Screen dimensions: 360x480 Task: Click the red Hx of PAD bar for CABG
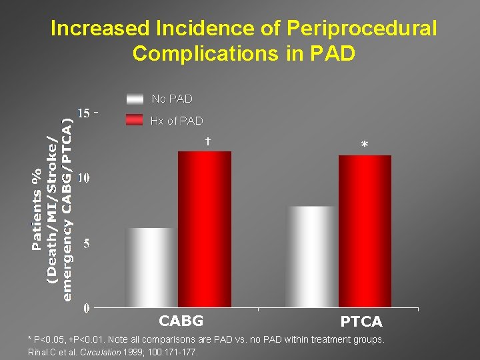pos(205,229)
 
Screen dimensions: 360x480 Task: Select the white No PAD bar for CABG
pos(151,267)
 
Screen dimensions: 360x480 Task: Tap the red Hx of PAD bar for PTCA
pos(365,231)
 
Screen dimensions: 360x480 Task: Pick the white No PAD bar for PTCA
pos(312,257)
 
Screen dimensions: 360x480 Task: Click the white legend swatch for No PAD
pos(135,99)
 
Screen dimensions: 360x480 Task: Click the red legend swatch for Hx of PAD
pos(135,121)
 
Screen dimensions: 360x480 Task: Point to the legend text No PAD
pos(172,99)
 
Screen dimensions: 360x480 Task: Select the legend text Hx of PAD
pos(177,121)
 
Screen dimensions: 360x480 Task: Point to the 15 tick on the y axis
pos(84,113)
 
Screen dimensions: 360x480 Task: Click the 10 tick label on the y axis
pos(84,178)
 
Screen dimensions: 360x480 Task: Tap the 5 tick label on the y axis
pos(87,243)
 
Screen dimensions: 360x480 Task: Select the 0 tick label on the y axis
pos(87,308)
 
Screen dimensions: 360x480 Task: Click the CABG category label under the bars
pos(181,321)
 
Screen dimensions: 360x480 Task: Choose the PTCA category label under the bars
pos(361,322)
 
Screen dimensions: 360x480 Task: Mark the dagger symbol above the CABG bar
pos(208,141)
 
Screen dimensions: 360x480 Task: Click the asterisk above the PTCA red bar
pos(364,145)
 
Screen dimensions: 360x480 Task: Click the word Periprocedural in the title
pos(362,29)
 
